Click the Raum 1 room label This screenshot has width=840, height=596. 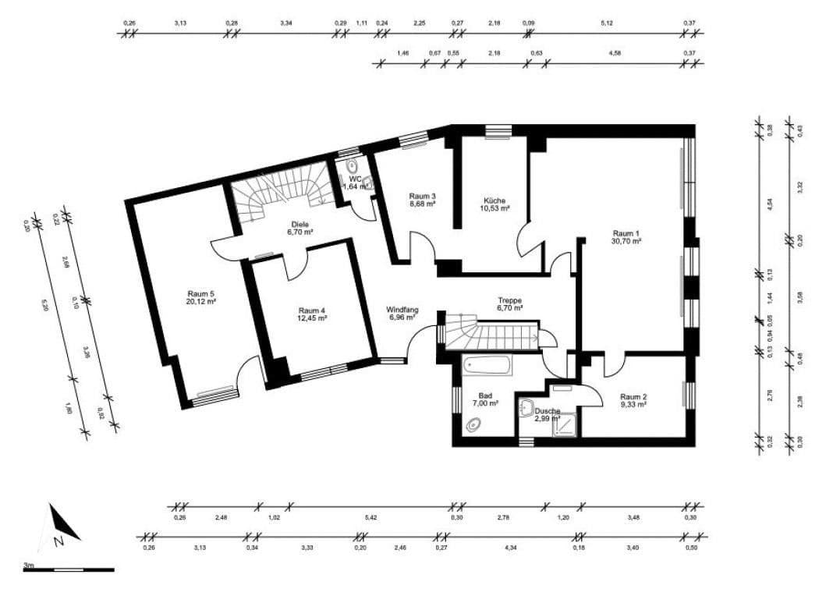pos(626,233)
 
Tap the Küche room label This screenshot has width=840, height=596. pos(496,200)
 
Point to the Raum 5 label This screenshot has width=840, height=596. pos(200,293)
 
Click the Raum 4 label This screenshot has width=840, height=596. pos(312,310)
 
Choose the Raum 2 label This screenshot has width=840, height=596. pos(633,396)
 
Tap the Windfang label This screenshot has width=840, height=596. pos(402,310)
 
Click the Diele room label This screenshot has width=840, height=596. pos(299,223)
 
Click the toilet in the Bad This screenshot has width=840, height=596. pos(473,425)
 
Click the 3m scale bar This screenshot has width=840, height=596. pos(68,569)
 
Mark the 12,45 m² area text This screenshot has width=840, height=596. pos(312,318)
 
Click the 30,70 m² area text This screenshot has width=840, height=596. pos(626,242)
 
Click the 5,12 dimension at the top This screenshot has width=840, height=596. pos(607,23)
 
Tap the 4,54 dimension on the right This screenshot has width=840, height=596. pos(769,204)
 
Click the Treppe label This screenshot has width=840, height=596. pos(510,300)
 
